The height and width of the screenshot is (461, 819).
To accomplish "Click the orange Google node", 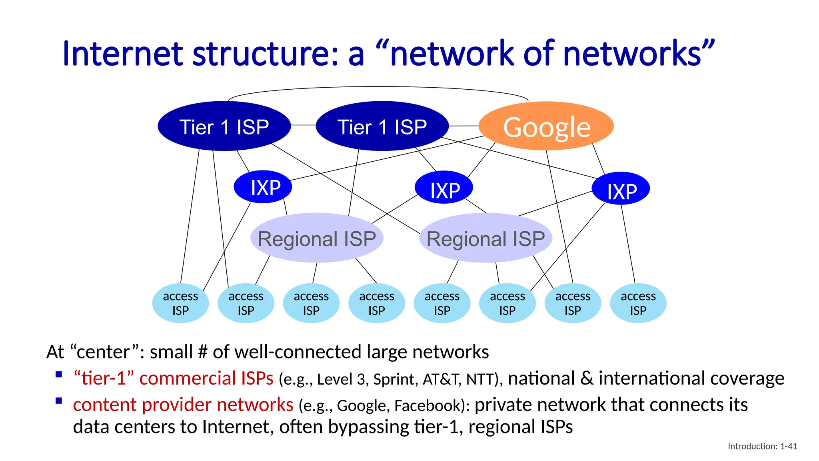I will pos(546,126).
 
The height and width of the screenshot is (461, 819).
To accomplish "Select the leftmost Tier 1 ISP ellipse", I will pos(224,126).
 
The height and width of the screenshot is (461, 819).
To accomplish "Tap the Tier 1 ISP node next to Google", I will pos(382,126).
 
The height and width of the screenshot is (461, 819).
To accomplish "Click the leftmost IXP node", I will pos(263,187).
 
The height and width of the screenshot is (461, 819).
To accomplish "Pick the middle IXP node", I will pos(444,188).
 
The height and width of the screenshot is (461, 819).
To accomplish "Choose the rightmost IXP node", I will pos(621,188).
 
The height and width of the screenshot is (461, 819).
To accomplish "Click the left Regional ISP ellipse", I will pos(317,238).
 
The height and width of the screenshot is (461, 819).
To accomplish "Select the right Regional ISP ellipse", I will pos(485,238).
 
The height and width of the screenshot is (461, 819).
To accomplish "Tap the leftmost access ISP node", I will pos(180,303).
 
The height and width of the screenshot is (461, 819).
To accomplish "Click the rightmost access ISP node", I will pos(638,303).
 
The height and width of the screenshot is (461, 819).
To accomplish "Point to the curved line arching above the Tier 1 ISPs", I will pos(378,87).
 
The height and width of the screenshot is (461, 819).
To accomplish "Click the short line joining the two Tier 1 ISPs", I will pos(303,125).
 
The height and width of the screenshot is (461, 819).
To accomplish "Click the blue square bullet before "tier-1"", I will pos(59,375).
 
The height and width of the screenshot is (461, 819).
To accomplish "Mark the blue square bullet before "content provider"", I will pos(59,401).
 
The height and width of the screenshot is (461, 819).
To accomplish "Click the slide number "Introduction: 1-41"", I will pos(762,446).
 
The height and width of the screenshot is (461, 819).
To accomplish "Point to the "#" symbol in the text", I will pos(203,352).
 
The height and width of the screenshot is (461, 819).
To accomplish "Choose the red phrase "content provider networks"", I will pos(183,405).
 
